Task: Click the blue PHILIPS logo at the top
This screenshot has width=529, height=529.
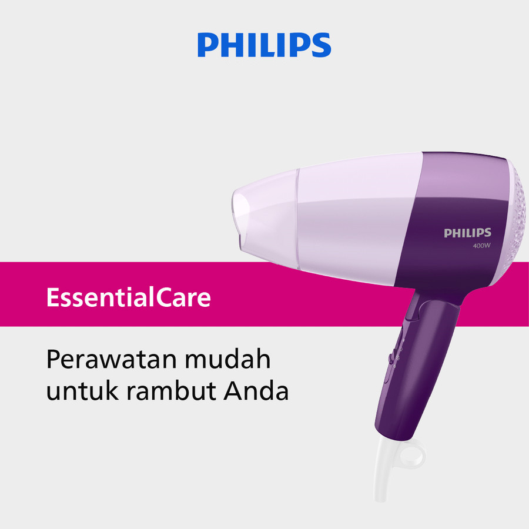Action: pos(264,45)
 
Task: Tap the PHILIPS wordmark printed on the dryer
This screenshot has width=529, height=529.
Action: pos(467,233)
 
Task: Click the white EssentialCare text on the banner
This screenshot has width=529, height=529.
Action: pos(128,298)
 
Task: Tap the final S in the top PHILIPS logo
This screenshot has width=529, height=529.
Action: pos(320,45)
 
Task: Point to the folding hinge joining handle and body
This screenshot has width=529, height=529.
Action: pos(414,306)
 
